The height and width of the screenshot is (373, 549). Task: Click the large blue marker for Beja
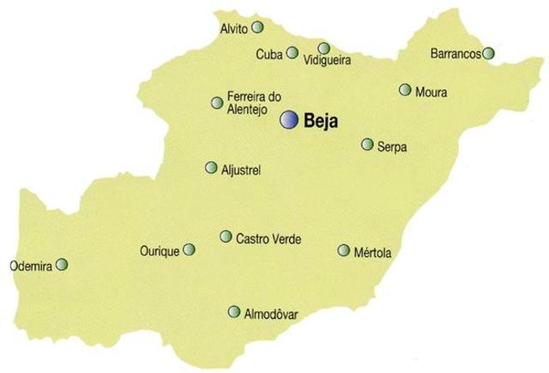tap(291, 121)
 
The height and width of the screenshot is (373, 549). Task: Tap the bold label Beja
tap(322, 122)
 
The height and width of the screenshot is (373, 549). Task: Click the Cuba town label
tap(269, 55)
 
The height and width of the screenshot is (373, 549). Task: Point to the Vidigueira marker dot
tap(323, 48)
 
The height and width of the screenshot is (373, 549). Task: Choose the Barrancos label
tap(455, 54)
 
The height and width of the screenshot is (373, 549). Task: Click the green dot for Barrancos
tap(488, 53)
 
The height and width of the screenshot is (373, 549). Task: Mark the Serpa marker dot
tap(367, 144)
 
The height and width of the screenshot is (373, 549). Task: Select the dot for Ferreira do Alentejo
tap(217, 103)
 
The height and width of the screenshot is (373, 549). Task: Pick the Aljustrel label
tap(241, 170)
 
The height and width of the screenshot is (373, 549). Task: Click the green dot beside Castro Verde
tap(226, 236)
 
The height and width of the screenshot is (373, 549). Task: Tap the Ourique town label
tap(159, 251)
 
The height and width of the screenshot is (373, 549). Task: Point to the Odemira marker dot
tap(61, 266)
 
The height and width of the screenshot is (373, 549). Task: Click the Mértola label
tap(372, 252)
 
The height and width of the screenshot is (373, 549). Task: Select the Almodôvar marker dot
tap(233, 312)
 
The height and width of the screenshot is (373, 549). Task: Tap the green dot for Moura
tap(405, 89)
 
